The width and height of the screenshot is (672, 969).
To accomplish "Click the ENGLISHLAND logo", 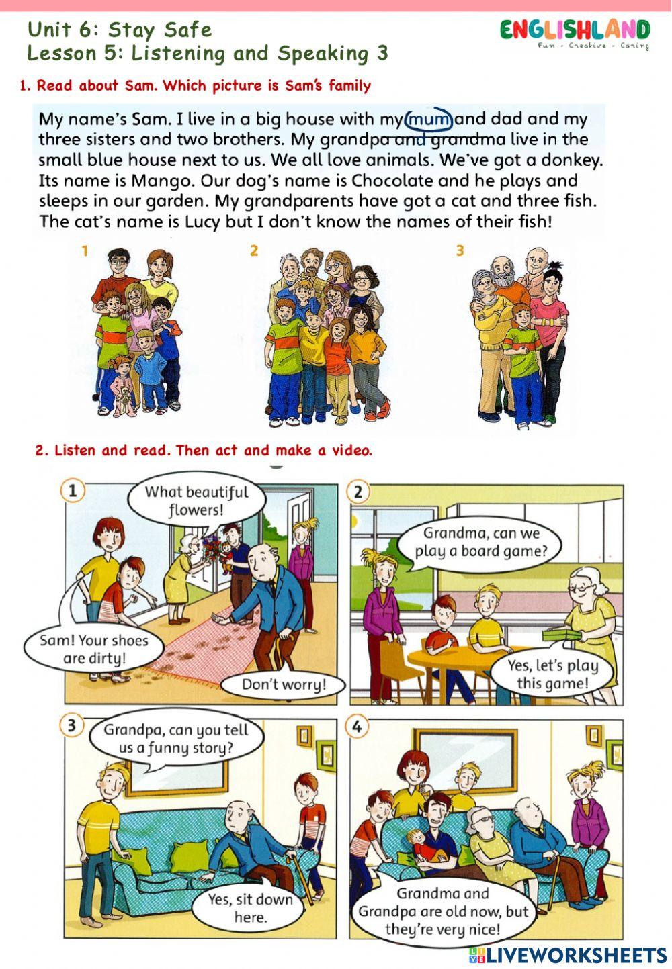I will pyautogui.click(x=575, y=32).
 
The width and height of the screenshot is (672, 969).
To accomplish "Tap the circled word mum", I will pyautogui.click(x=429, y=119).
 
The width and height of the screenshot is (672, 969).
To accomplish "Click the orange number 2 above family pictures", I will pyautogui.click(x=253, y=250).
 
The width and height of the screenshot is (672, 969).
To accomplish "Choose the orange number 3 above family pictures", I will pyautogui.click(x=460, y=250).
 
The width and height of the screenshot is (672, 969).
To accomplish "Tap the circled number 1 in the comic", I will pyautogui.click(x=73, y=492).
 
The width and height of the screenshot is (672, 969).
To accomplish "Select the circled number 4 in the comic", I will pyautogui.click(x=358, y=727).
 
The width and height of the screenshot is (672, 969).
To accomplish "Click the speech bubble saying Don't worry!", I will pyautogui.click(x=284, y=685).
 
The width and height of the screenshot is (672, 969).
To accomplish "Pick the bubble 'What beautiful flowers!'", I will pyautogui.click(x=196, y=501).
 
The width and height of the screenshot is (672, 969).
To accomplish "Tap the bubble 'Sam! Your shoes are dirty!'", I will pyautogui.click(x=93, y=649).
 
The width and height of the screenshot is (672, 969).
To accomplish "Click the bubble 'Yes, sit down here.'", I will pyautogui.click(x=250, y=908).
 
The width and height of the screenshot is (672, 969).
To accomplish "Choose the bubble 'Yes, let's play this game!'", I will pyautogui.click(x=552, y=674).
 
